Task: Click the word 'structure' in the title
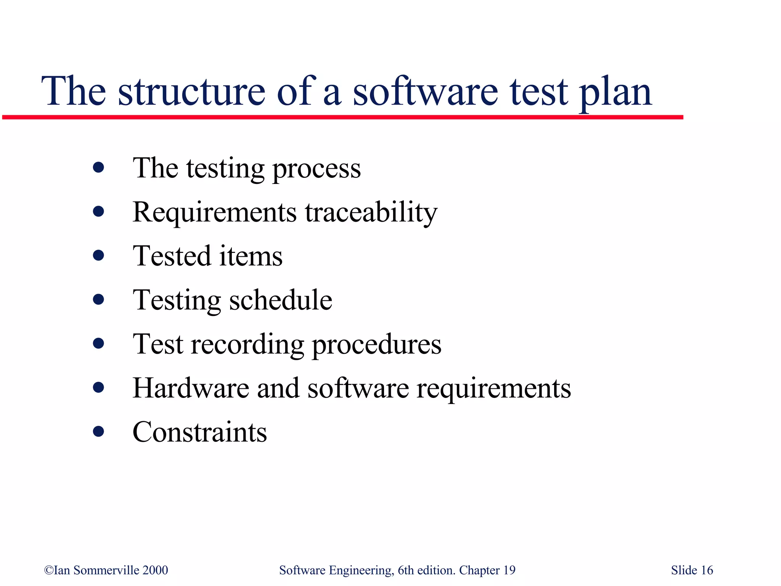coord(191,92)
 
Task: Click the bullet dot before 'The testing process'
coord(98,167)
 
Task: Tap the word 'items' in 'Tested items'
coord(251,256)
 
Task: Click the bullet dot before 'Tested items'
coord(98,255)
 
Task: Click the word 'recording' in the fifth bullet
coord(247,345)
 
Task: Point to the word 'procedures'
coord(377,345)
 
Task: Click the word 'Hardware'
coord(191,388)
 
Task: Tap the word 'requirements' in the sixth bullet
coord(493,389)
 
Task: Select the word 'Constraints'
coord(199,432)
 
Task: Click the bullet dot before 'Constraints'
coord(98,431)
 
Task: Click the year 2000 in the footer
coord(155,570)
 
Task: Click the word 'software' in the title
coord(425,92)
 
